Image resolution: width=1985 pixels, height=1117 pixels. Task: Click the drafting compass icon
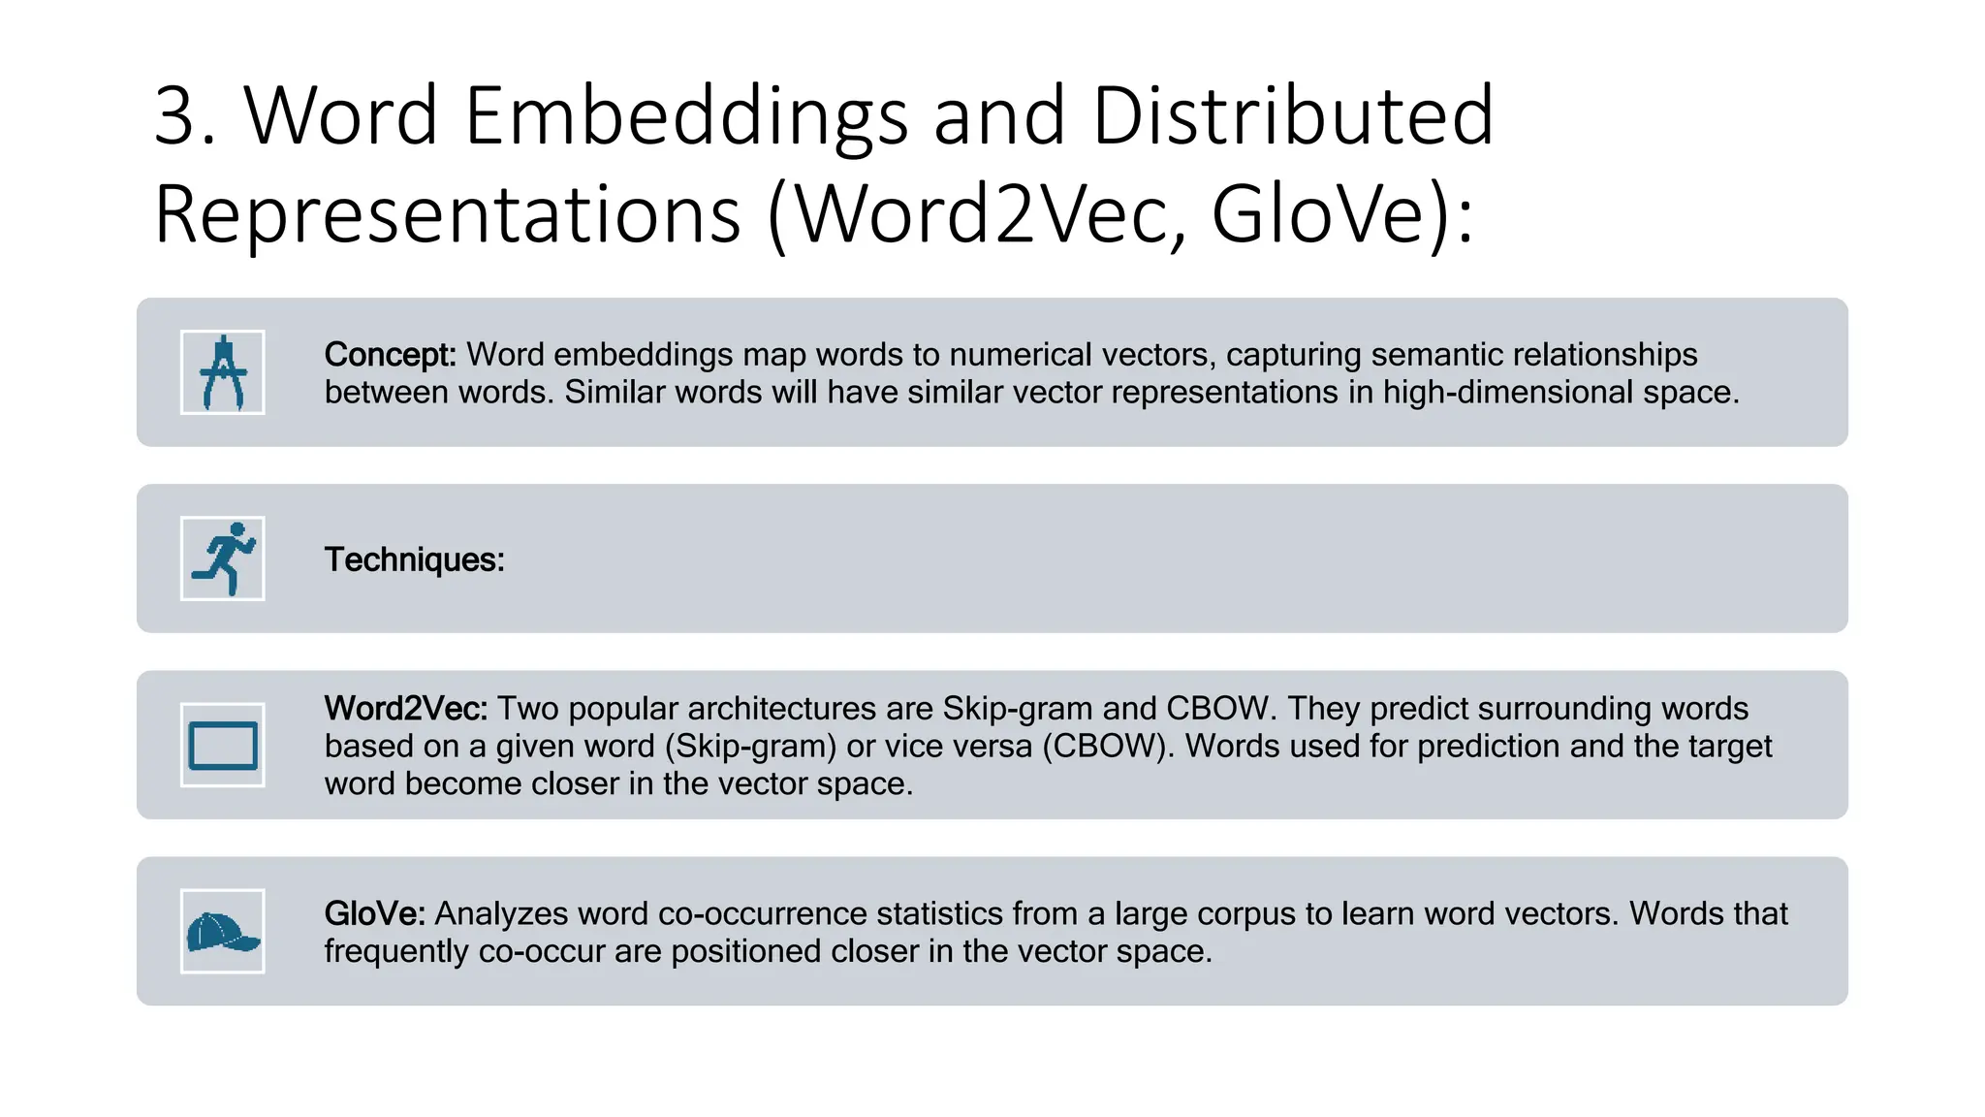pyautogui.click(x=222, y=372)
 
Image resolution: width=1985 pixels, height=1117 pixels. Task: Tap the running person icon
pyautogui.click(x=222, y=558)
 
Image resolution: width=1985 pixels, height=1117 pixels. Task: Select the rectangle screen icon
pyautogui.click(x=222, y=746)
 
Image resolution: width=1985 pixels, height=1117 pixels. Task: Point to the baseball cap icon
pyautogui.click(x=222, y=932)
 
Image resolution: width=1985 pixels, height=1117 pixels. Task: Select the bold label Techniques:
pyautogui.click(x=414, y=559)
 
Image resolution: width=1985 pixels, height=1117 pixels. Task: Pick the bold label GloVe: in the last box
pyautogui.click(x=374, y=913)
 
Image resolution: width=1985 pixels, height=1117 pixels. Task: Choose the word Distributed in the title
pyautogui.click(x=1293, y=116)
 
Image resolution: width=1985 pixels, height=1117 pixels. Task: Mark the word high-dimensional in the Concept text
pyautogui.click(x=1508, y=393)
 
